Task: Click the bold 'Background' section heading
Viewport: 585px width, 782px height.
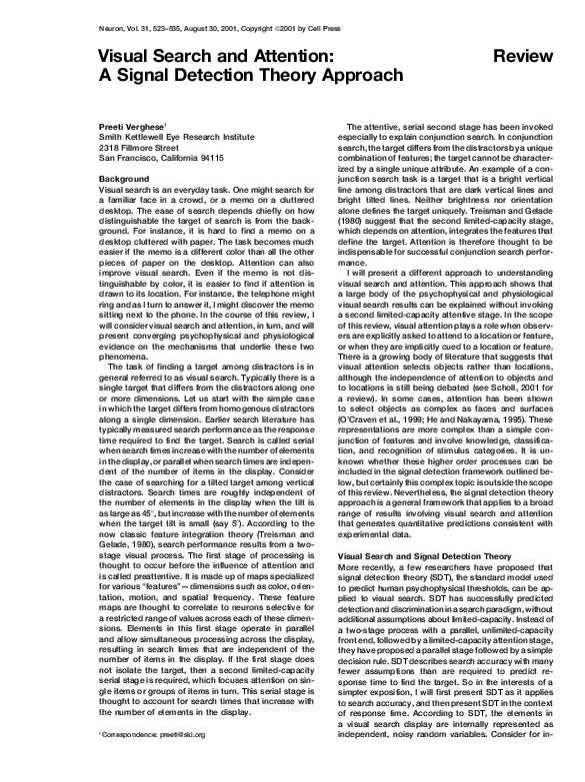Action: [124, 179]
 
